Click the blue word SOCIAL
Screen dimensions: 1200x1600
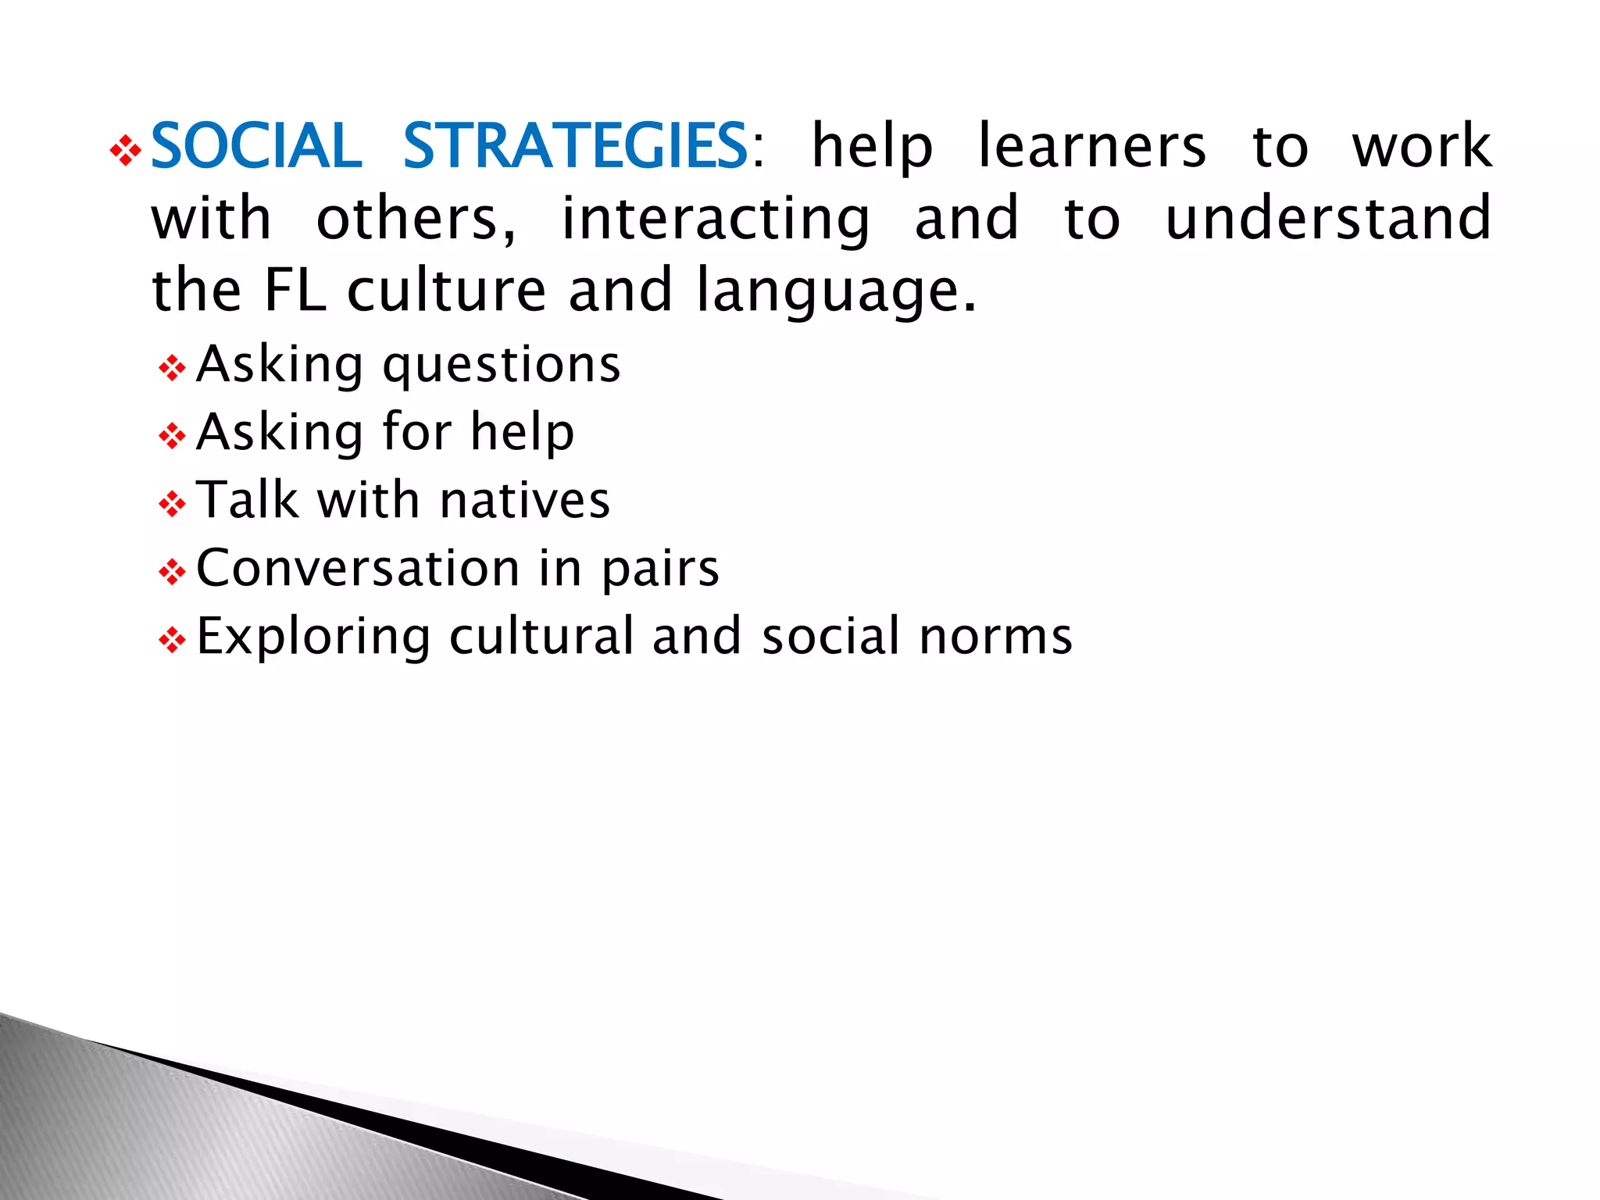[255, 146]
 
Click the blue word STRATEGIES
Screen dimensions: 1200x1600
[576, 146]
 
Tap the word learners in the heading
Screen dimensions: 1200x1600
[1091, 146]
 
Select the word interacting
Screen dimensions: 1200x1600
[715, 220]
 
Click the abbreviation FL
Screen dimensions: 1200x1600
[295, 290]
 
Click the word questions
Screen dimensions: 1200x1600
[502, 366]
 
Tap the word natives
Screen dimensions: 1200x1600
[524, 500]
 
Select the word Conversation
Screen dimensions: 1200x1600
[358, 568]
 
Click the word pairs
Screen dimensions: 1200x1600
[660, 570]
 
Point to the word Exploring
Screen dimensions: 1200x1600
[313, 637]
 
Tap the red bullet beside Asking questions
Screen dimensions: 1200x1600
[172, 368]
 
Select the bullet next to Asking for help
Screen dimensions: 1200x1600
[172, 436]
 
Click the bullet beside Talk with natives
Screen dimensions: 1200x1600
[172, 504]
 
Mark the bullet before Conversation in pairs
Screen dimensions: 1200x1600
[172, 573]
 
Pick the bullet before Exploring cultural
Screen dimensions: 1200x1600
[172, 641]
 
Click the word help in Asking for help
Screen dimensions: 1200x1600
[522, 433]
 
